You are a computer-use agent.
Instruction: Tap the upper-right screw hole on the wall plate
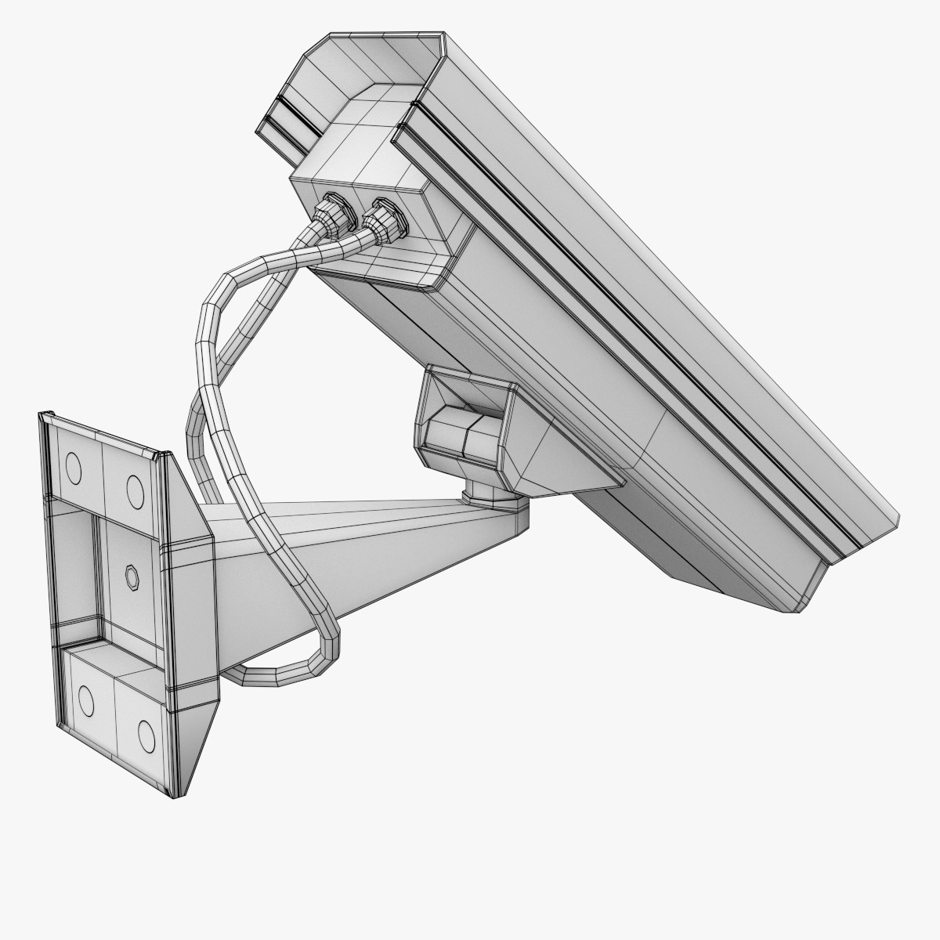point(136,492)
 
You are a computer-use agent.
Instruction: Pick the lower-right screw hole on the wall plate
point(145,732)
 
